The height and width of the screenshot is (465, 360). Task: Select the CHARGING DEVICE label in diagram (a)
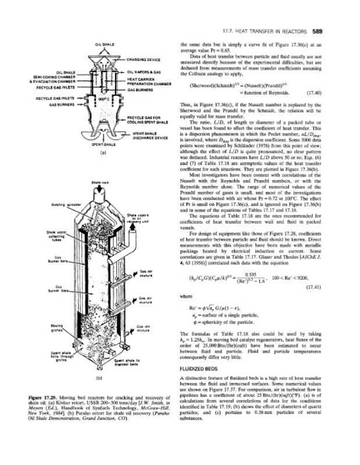pyautogui.click(x=145, y=59)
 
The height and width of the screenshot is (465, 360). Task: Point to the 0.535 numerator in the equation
pyautogui.click(x=251, y=273)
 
